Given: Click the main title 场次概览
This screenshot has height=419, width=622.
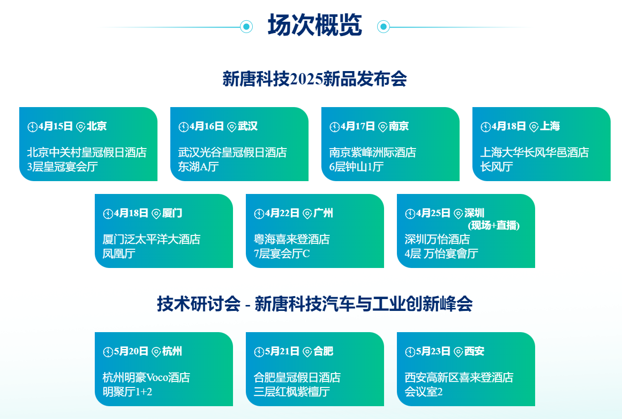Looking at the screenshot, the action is pos(314,26).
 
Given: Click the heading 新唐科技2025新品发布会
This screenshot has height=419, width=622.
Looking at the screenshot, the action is pos(314,79).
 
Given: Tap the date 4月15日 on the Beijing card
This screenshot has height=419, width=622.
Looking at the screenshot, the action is pos(55,126).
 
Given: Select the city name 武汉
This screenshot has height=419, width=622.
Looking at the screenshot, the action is pos(248,126).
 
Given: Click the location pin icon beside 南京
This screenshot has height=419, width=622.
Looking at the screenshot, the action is pos(383,127).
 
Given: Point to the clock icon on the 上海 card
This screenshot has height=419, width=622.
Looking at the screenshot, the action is pos(485,127).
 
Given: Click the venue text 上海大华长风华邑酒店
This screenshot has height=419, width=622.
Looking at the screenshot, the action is pos(535,152).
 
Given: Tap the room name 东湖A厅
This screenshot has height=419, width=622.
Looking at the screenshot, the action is pos(198,167).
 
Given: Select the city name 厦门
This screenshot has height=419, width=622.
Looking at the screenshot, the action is pos(172,213).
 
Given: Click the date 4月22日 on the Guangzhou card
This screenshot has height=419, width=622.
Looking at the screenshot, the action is pos(282,213).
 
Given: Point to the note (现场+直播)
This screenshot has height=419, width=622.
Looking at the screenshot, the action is pos(494,226).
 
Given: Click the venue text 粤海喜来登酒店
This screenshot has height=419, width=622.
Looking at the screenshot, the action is pos(292,239).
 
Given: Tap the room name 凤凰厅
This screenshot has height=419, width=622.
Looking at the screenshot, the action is pos(119,254).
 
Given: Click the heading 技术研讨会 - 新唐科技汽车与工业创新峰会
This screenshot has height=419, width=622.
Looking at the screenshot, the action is pos(314,304).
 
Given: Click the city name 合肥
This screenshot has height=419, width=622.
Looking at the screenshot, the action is pos(323,351).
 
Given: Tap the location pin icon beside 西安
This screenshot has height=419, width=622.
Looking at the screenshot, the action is pos(459,352).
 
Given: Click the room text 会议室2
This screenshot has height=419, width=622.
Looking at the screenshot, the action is pos(424,392).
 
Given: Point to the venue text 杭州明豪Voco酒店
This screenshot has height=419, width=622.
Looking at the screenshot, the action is pos(146,378).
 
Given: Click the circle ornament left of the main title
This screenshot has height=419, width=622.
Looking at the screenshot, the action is pos(246,27).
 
